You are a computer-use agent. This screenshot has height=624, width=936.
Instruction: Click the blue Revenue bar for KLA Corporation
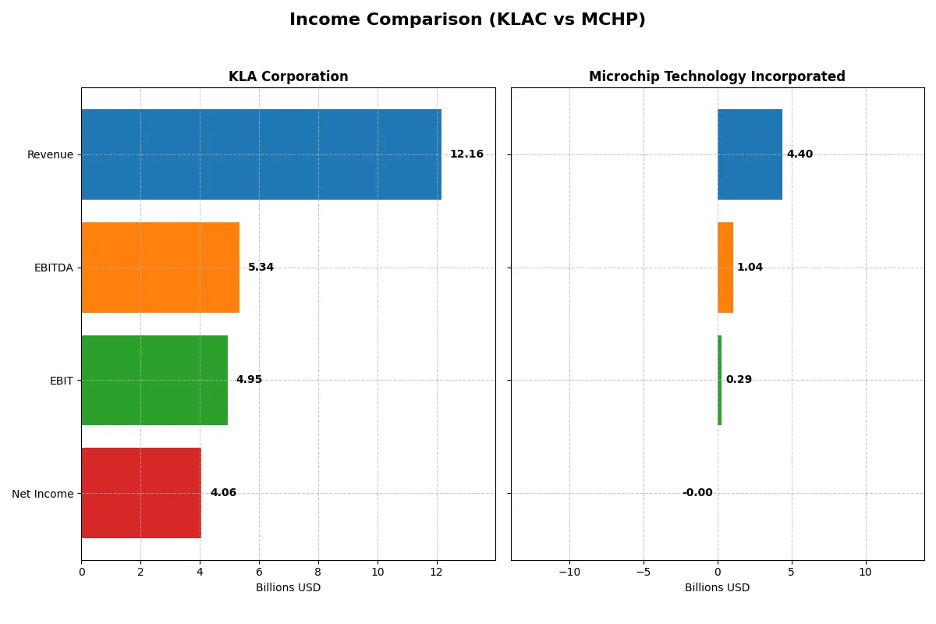pyautogui.click(x=261, y=154)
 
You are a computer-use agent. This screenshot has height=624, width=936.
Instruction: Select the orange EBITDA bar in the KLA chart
pyautogui.click(x=160, y=268)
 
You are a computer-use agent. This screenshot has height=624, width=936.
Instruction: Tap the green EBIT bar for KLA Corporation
pyautogui.click(x=154, y=380)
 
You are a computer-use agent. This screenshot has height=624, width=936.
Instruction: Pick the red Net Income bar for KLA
pyautogui.click(x=141, y=493)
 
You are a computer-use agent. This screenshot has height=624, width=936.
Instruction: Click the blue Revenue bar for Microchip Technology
pyautogui.click(x=750, y=154)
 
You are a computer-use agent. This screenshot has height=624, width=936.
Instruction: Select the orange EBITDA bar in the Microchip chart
pyautogui.click(x=725, y=268)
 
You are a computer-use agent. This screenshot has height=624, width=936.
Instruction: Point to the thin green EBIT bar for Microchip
pyautogui.click(x=719, y=380)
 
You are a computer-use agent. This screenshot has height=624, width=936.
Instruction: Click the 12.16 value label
pyautogui.click(x=466, y=154)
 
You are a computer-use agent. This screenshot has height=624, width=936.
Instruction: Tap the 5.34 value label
pyautogui.click(x=261, y=268)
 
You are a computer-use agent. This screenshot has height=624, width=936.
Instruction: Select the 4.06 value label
pyautogui.click(x=223, y=493)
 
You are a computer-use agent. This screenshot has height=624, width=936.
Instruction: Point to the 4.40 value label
pyautogui.click(x=799, y=154)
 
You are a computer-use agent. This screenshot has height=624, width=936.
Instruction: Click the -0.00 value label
pyautogui.click(x=697, y=493)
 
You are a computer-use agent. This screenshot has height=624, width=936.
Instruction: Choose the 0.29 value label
pyautogui.click(x=739, y=380)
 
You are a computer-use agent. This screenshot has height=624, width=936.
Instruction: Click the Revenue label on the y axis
pyautogui.click(x=50, y=154)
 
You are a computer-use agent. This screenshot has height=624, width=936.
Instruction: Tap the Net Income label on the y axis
pyautogui.click(x=43, y=494)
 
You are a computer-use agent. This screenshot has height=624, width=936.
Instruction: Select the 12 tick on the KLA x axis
pyautogui.click(x=437, y=572)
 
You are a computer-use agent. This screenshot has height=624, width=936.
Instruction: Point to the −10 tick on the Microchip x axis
pyautogui.click(x=569, y=572)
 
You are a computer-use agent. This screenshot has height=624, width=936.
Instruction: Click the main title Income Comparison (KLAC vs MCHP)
pyautogui.click(x=467, y=19)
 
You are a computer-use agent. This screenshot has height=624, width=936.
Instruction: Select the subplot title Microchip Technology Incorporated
pyautogui.click(x=717, y=76)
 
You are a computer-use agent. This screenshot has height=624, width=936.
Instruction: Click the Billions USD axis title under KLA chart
pyautogui.click(x=288, y=587)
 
